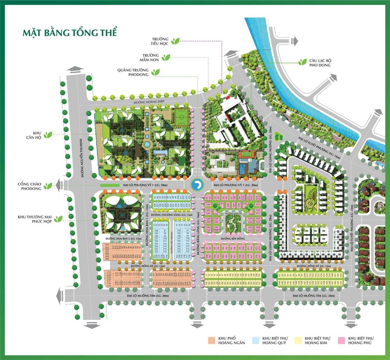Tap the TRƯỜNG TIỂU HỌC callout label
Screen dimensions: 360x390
coord(160,41)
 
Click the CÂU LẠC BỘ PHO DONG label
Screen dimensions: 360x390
coord(320,62)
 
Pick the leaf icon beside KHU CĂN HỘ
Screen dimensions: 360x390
coord(48,135)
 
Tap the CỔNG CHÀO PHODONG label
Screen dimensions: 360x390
coord(29,186)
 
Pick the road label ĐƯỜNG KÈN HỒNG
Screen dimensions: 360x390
coord(232,238)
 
